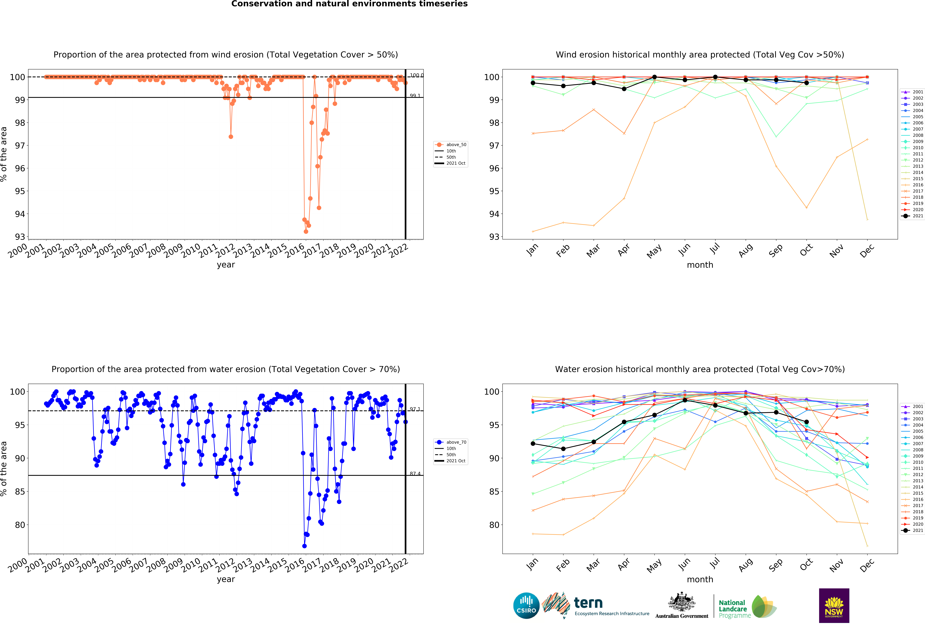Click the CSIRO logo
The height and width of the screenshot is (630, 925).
pos(526,606)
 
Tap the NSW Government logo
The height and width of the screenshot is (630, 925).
pos(834,605)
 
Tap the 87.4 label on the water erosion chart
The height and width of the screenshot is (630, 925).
pos(415,474)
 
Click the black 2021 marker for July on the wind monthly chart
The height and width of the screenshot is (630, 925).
pos(715,77)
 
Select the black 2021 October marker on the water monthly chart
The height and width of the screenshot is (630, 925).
pos(806,422)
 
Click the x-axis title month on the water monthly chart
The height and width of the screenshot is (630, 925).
pos(700,580)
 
